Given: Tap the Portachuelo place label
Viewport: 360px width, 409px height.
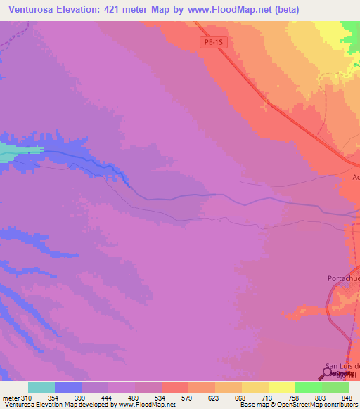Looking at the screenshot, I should click(x=344, y=278).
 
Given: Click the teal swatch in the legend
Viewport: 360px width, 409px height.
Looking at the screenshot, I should click(x=41, y=387).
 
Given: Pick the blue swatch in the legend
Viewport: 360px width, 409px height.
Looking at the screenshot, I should click(x=68, y=387).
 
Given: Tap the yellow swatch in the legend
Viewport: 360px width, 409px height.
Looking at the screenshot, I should click(x=282, y=387).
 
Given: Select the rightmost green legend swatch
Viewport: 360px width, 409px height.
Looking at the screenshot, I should click(x=335, y=387).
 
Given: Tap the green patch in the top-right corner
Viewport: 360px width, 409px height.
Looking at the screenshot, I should click(x=352, y=28).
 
